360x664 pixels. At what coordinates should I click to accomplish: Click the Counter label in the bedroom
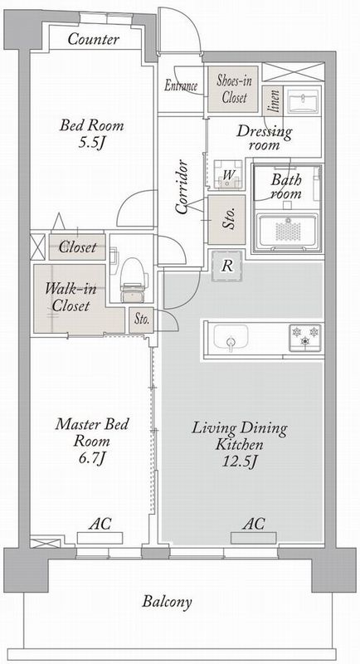(x=93, y=39)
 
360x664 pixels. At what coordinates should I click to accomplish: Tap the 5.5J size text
(x=91, y=144)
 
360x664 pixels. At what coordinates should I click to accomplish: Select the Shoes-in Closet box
(x=232, y=89)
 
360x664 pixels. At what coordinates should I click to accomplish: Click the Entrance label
(x=181, y=86)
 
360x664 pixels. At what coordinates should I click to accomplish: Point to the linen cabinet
(x=271, y=100)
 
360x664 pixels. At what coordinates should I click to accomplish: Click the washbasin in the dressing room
(x=303, y=101)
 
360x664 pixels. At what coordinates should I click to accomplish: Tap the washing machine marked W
(x=228, y=174)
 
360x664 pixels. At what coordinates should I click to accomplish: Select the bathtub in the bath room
(x=288, y=231)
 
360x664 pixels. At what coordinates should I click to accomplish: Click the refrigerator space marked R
(x=227, y=266)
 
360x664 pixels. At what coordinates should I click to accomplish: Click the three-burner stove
(x=304, y=337)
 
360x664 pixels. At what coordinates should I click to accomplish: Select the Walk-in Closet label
(x=71, y=298)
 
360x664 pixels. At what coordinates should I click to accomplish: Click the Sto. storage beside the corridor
(x=226, y=220)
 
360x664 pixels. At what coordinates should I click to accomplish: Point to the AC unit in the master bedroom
(x=100, y=538)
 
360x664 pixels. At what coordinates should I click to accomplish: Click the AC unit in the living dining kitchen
(x=253, y=538)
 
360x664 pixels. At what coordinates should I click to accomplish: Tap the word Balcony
(x=167, y=602)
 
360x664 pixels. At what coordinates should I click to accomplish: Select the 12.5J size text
(x=240, y=462)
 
